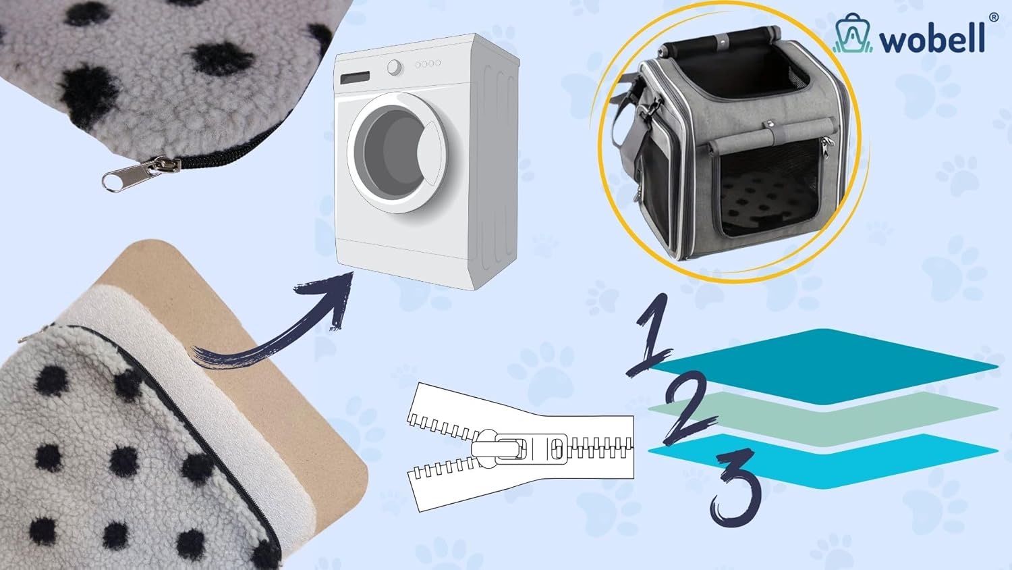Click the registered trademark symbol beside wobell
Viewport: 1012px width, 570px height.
[994, 18]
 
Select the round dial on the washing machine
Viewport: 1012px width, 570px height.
[395, 68]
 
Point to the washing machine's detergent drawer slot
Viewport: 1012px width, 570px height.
[355, 78]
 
